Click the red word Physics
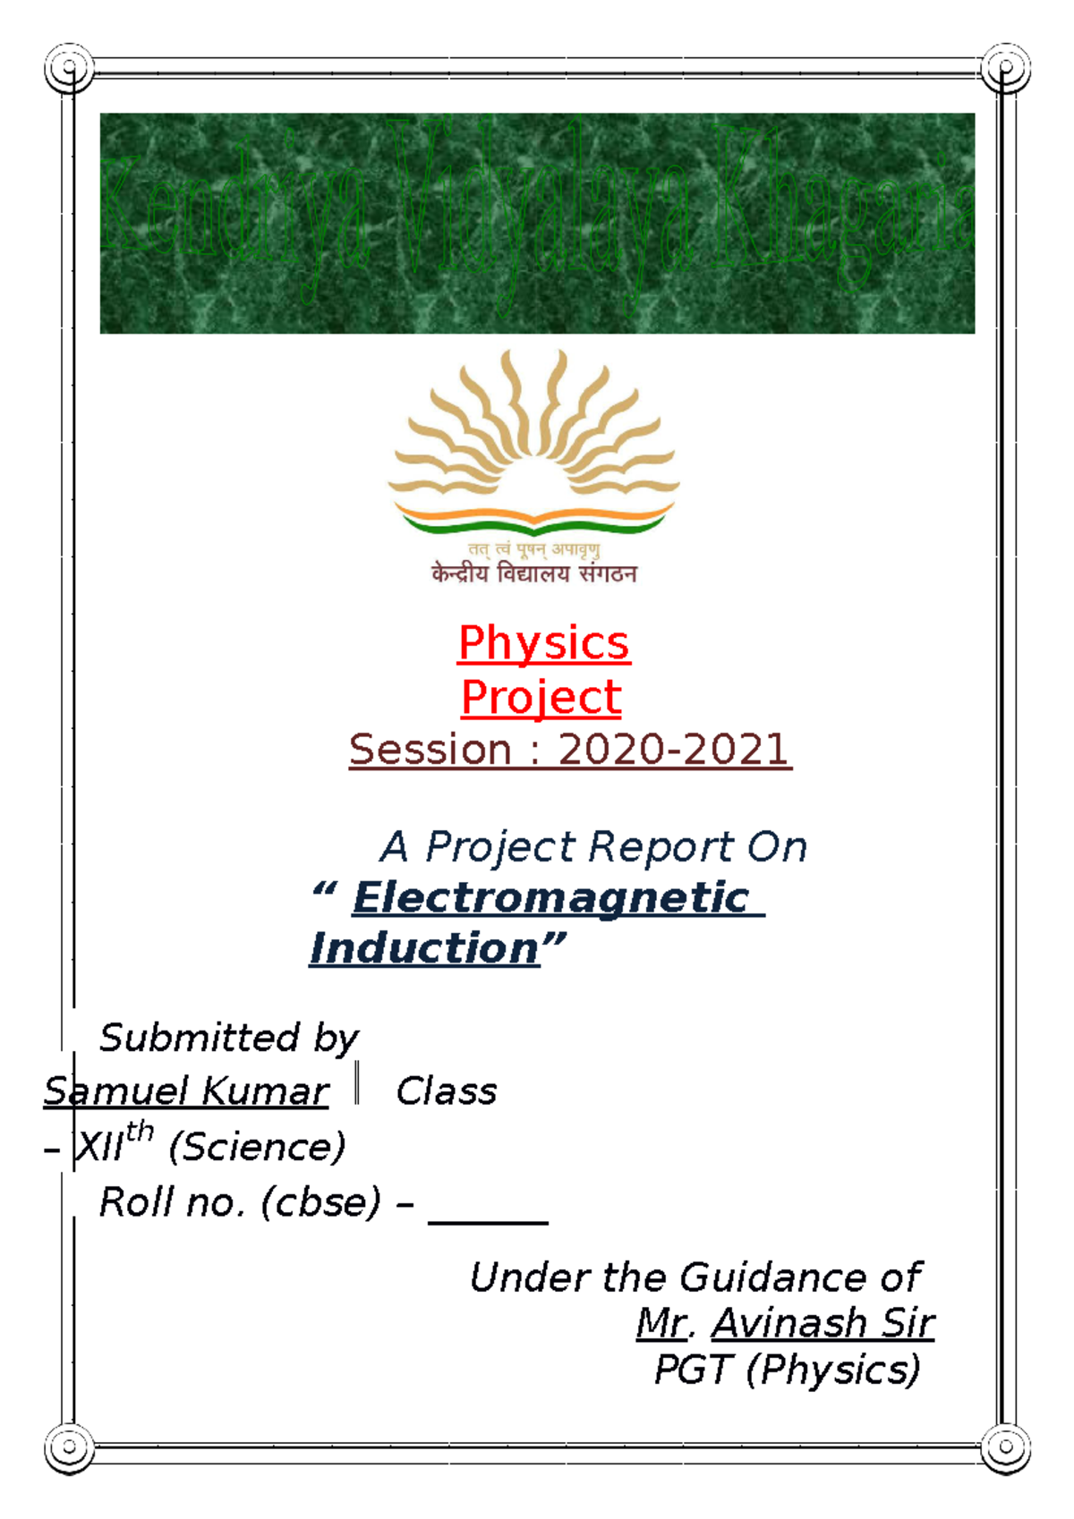click(543, 643)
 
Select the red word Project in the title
click(541, 697)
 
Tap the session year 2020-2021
click(673, 750)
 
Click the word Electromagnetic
click(551, 897)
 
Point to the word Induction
click(424, 948)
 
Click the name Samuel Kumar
click(186, 1091)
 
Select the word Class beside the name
click(446, 1091)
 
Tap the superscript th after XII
click(140, 1133)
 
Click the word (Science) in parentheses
click(257, 1147)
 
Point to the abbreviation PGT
click(694, 1370)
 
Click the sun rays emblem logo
click(533, 443)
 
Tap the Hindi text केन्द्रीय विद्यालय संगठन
click(533, 573)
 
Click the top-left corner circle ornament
click(69, 68)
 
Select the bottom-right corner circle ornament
click(1005, 1446)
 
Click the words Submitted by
click(229, 1038)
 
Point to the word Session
click(430, 750)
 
